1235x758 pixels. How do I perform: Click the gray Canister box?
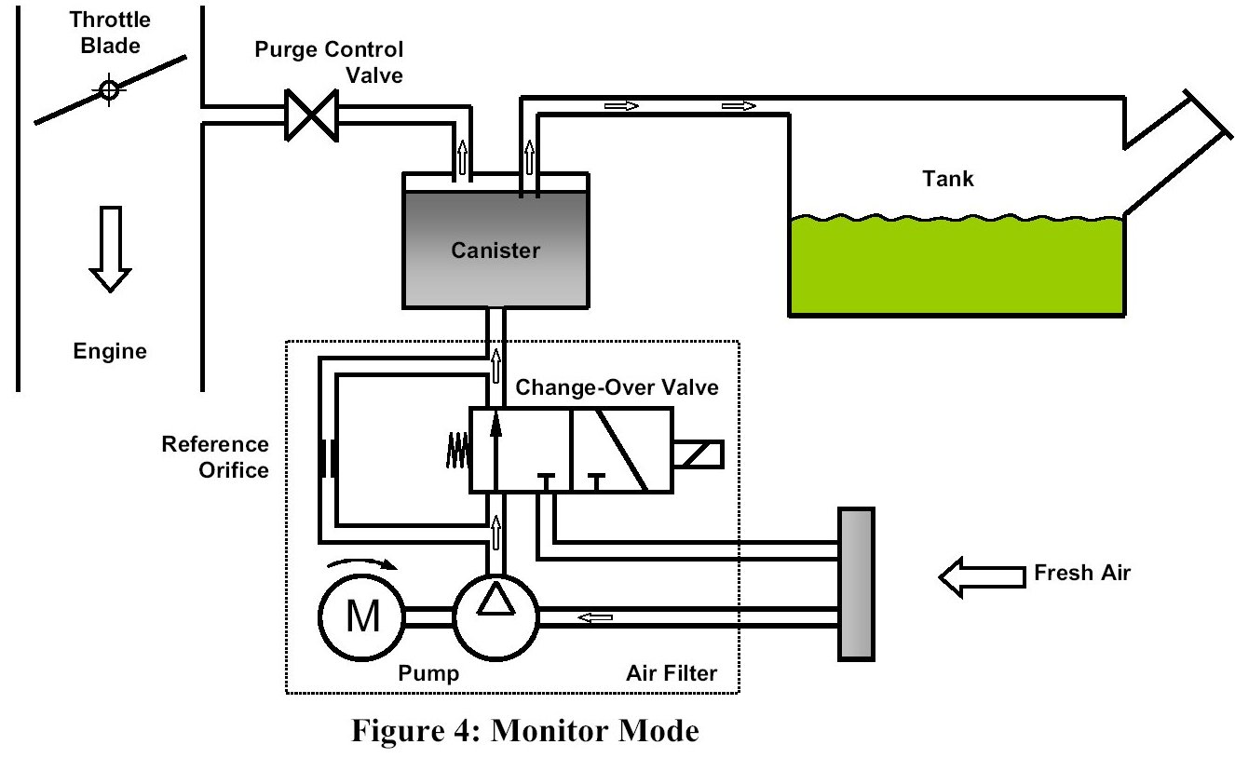coord(495,249)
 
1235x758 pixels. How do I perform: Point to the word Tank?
coord(947,178)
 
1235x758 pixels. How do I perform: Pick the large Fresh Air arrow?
coord(980,575)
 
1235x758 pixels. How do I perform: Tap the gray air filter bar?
coord(856,583)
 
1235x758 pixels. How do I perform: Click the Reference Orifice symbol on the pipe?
coord(328,456)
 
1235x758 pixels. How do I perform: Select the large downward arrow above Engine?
coord(111,250)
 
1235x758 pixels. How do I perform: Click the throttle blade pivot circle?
coord(109,91)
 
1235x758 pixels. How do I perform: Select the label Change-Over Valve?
coord(617,387)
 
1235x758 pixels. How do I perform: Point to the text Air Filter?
coord(671,672)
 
